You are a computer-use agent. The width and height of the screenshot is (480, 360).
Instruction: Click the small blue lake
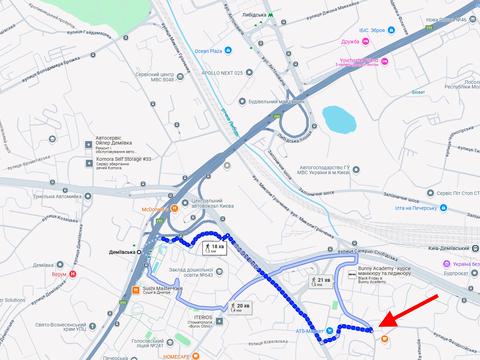[x=339, y=120]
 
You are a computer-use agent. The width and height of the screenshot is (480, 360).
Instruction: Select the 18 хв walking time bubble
[x=215, y=247]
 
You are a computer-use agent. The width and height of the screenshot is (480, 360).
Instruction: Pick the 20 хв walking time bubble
[x=238, y=306]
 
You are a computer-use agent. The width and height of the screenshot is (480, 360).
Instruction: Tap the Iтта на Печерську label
[x=417, y=208]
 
